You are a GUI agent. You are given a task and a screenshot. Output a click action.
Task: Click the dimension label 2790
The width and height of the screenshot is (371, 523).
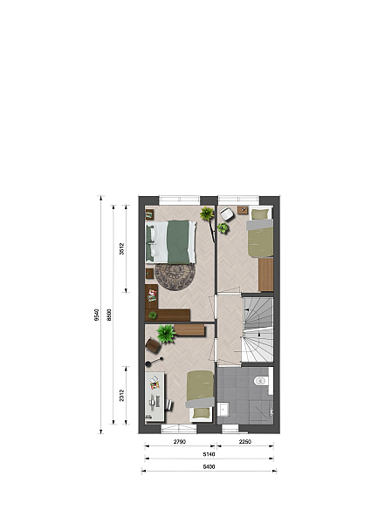point(179,442)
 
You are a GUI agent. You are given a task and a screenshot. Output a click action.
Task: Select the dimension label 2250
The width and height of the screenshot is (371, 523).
point(244,442)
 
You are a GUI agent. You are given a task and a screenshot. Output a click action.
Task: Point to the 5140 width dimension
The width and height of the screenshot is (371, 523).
point(209,454)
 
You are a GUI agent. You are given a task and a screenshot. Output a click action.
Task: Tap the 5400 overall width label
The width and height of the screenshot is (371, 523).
point(209,467)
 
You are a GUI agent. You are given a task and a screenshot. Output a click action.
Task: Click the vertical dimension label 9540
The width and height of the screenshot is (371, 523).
point(97,315)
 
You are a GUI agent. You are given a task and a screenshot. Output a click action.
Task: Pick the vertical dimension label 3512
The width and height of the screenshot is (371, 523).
point(122,248)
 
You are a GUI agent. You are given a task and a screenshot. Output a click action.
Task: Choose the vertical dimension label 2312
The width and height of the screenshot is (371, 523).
point(122,395)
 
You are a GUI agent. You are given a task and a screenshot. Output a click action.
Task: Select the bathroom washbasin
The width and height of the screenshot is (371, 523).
point(223,410)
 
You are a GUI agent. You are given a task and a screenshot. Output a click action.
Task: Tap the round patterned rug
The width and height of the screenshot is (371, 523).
point(175,277)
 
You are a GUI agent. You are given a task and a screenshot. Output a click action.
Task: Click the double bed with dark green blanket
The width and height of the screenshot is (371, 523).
point(171,241)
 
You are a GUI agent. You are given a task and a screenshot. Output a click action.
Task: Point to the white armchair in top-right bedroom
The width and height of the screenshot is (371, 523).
point(228,214)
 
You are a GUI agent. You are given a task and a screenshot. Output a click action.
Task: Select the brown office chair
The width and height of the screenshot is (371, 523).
point(154,345)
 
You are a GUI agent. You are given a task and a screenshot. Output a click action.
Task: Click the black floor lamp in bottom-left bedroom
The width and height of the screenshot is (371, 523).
point(155,361)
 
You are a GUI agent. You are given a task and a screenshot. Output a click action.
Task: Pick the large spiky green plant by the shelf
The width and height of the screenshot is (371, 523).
point(166,334)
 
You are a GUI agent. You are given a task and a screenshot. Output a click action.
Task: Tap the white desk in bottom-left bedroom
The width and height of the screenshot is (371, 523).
point(155,397)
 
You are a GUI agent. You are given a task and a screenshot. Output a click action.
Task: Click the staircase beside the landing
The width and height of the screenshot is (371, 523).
point(258,329)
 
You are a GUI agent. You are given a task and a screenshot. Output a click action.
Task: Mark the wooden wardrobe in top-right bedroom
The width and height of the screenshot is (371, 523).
point(266,275)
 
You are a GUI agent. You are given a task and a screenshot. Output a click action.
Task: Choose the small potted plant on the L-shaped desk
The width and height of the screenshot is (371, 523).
point(153,315)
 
